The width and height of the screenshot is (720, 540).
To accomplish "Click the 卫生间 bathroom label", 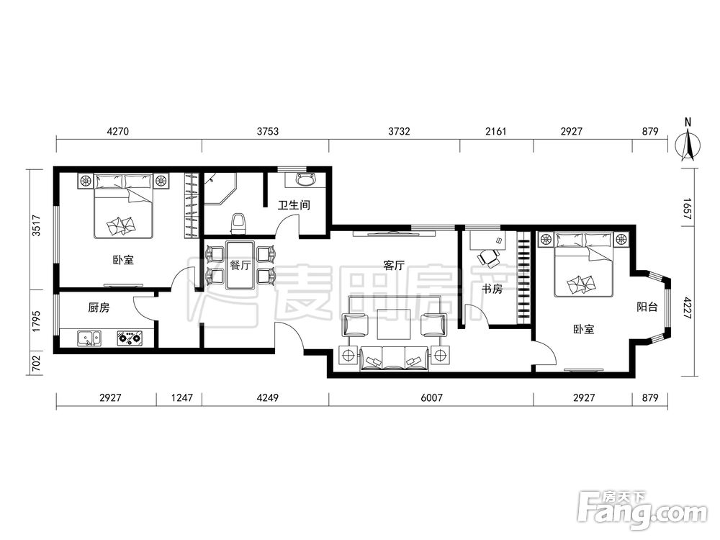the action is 294,204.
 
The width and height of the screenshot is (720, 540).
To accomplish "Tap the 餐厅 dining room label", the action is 240,265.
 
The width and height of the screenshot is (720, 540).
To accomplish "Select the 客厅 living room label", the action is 394,266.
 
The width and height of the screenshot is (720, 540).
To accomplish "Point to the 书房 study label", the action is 492,289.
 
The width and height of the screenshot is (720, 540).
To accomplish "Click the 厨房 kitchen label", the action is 99,307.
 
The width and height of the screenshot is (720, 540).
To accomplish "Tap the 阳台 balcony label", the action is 647,307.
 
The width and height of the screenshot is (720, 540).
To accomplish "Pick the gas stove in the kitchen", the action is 130,338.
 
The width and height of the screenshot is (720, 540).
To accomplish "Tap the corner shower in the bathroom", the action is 220,189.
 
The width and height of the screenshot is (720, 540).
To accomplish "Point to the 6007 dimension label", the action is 431,397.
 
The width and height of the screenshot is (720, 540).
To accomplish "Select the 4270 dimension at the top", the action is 117,131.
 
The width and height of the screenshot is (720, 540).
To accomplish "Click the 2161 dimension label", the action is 496,131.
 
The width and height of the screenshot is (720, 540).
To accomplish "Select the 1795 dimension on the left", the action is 37,321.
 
